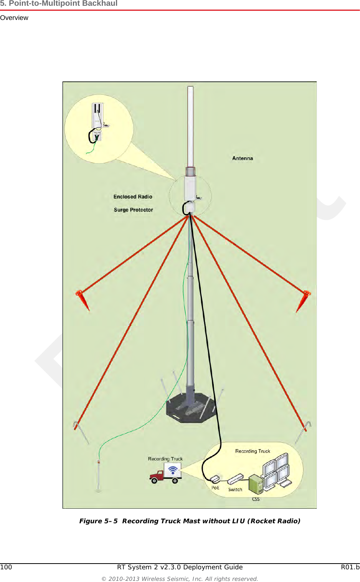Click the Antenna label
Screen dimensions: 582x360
tap(242, 158)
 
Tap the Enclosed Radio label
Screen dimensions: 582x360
tap(133, 197)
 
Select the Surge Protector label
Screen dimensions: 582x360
tap(133, 210)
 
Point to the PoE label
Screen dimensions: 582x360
tap(215, 488)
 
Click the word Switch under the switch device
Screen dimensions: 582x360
tap(235, 489)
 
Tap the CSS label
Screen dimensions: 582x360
tap(256, 499)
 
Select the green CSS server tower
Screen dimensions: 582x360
tap(256, 484)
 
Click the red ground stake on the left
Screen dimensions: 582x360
tap(82, 300)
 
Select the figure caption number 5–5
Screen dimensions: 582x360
tap(111, 521)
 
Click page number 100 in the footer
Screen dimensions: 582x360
tap(6, 567)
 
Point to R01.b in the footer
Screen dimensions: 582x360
tap(350, 567)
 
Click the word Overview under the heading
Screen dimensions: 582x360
tap(14, 18)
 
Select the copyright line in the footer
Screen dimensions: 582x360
tap(180, 579)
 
